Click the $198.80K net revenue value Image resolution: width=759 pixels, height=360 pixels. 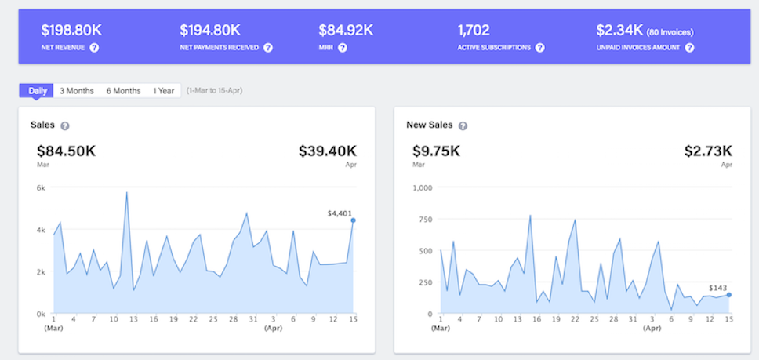[71, 31]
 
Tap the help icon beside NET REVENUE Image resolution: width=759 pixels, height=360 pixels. [94, 48]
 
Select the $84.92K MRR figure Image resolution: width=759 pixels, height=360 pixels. [346, 31]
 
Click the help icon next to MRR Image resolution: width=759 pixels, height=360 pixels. [343, 48]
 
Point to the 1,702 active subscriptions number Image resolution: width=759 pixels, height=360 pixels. [474, 31]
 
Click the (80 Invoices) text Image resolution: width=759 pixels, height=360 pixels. [670, 32]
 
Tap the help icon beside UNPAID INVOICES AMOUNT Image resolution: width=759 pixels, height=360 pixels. [689, 48]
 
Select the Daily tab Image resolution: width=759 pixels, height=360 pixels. [38, 91]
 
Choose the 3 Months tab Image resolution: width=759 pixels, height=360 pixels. [77, 91]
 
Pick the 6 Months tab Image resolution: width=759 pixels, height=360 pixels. [124, 91]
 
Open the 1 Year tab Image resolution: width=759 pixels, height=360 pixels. [164, 91]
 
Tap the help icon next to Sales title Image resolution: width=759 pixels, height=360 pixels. [65, 125]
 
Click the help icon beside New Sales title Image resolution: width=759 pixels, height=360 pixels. [463, 125]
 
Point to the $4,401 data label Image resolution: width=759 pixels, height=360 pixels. [341, 213]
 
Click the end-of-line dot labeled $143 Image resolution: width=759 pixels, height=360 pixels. [728, 295]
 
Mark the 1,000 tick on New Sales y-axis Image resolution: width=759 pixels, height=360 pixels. [422, 187]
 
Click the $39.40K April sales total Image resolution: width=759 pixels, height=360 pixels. [327, 151]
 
